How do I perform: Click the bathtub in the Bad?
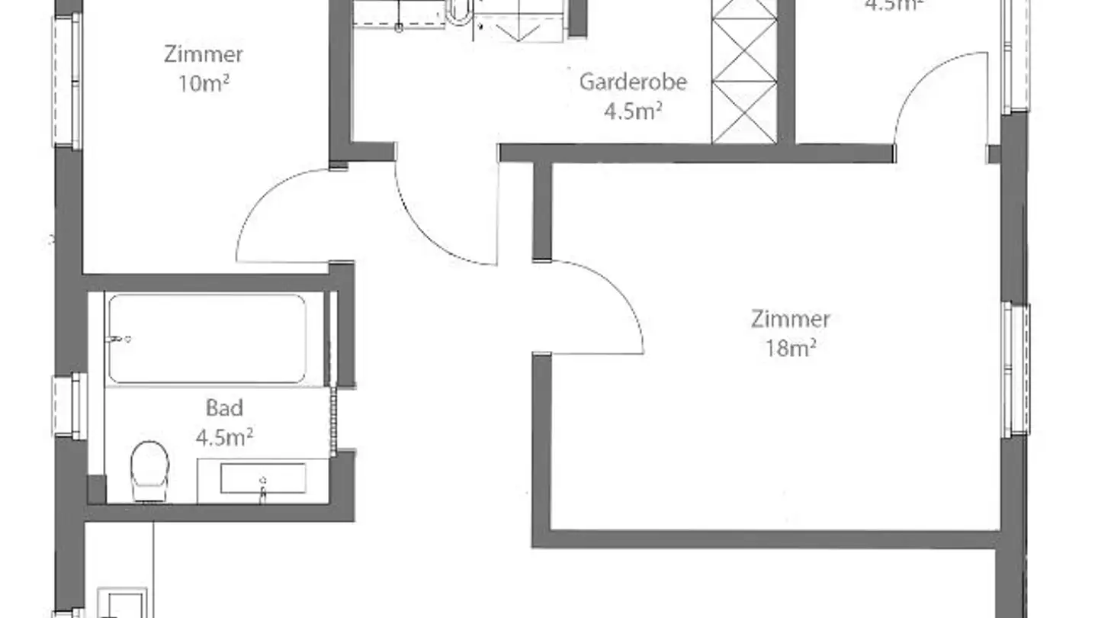pos(207,338)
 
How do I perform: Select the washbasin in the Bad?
pos(263,479)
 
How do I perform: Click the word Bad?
pos(224,408)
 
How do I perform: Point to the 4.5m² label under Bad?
pos(224,437)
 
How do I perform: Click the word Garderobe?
pos(633,82)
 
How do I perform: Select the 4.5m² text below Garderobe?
pos(633,111)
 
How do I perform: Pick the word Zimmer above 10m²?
pos(204,55)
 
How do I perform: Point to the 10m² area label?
pos(204,84)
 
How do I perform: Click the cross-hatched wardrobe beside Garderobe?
pos(744,72)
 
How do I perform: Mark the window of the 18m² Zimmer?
pos(1016,370)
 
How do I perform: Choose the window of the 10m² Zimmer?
pos(66,80)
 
